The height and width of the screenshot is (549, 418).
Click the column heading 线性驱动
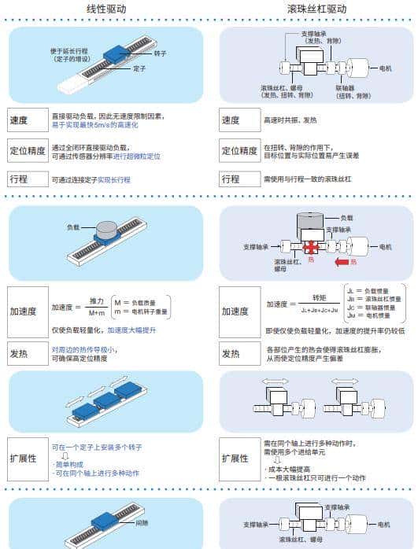pyautogui.click(x=105, y=9)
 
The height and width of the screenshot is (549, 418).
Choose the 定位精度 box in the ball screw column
pyautogui.click(x=238, y=151)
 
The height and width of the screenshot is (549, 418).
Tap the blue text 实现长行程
pyautogui.click(x=114, y=180)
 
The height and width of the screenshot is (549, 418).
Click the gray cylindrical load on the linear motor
pyautogui.click(x=105, y=229)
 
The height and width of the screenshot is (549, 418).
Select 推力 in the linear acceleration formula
pyautogui.click(x=96, y=301)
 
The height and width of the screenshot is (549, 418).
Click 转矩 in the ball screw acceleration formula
pyautogui.click(x=319, y=298)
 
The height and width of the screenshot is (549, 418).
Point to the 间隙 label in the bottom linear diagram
pyautogui.click(x=141, y=521)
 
